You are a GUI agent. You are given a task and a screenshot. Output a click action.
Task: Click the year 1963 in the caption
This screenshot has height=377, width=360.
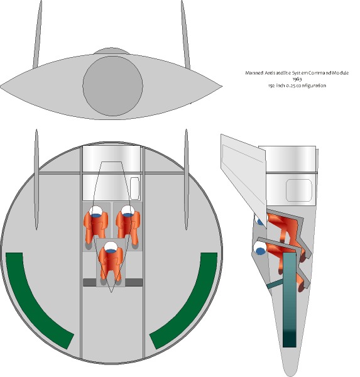[297, 79]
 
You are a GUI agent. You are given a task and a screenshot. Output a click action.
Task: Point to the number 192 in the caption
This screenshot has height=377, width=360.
[271, 85]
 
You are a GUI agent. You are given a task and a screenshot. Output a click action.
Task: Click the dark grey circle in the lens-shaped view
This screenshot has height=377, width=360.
[113, 86]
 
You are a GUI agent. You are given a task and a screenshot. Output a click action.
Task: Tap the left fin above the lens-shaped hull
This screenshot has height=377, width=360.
[38, 35]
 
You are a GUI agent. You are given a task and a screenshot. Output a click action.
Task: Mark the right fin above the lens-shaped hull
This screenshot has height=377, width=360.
[185, 35]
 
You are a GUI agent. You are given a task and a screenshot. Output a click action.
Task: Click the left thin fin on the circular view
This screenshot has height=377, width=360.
[36, 179]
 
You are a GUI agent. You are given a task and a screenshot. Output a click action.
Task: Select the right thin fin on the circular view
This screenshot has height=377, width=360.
[186, 179]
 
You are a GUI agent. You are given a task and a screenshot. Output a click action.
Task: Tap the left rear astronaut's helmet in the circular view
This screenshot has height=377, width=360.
[96, 211]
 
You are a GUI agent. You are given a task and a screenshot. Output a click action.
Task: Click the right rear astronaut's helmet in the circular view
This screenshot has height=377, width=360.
[128, 211]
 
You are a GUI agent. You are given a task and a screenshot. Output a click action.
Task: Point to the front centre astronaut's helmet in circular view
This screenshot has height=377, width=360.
[111, 247]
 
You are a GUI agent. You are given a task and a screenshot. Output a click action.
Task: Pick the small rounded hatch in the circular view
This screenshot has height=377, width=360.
[134, 188]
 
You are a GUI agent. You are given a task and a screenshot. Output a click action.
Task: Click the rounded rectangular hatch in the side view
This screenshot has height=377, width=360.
[299, 190]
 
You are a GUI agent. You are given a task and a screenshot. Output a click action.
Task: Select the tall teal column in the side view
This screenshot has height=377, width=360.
[289, 300]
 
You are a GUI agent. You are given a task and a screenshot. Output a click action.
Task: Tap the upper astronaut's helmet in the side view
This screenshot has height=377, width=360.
[259, 219]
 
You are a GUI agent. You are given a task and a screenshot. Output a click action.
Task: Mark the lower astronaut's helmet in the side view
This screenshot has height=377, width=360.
[261, 248]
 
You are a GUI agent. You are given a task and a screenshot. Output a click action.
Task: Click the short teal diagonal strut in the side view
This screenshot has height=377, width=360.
[275, 284]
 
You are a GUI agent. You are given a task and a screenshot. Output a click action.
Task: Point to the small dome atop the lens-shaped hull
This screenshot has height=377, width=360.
[111, 51]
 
